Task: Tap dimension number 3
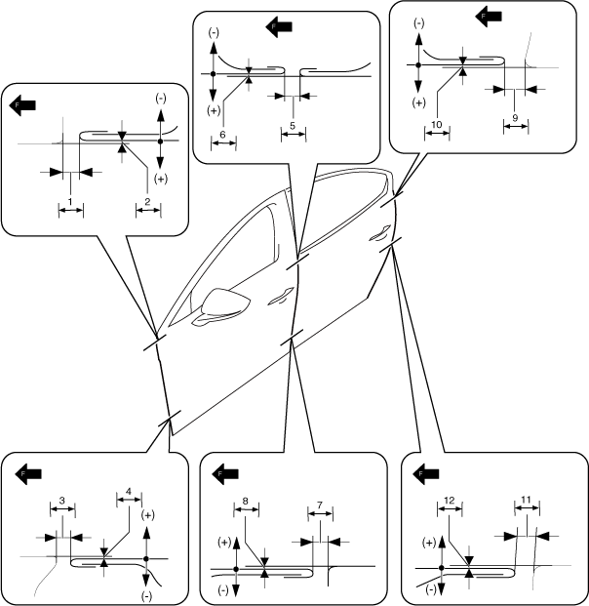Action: click(61, 500)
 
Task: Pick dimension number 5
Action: click(293, 126)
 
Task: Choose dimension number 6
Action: click(223, 133)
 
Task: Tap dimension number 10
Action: click(437, 125)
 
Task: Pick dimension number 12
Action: click(450, 500)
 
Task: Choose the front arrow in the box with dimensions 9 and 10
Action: click(488, 15)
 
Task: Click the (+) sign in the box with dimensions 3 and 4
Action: click(148, 514)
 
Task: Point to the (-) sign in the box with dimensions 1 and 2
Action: click(161, 100)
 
